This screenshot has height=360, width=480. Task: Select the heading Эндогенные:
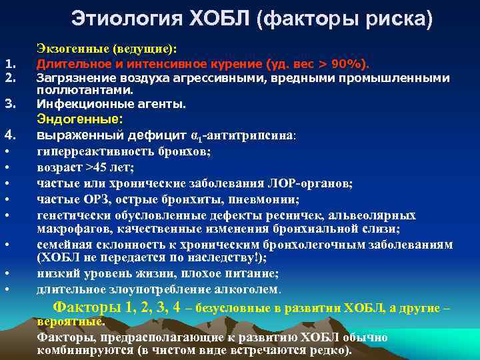(79, 119)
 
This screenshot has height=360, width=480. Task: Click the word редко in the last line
(327, 350)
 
